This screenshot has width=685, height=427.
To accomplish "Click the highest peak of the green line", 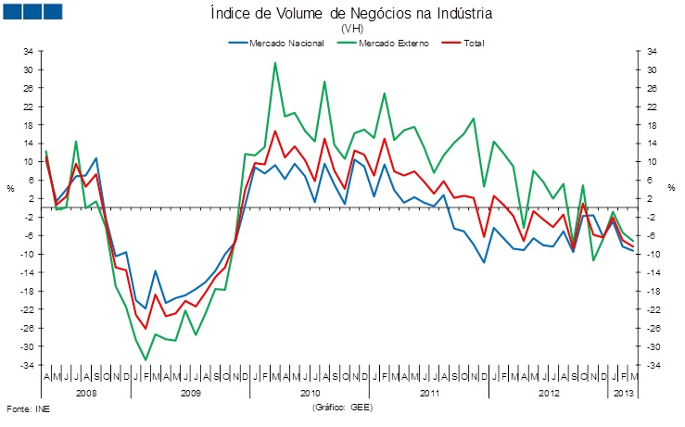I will click(x=275, y=63).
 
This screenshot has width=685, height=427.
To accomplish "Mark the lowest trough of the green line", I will click(x=146, y=360).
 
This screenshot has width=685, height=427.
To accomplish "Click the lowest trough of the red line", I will click(x=146, y=328).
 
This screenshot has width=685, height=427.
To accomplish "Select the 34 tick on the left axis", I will click(x=29, y=51).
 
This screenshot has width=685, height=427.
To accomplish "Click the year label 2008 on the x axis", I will click(x=85, y=393).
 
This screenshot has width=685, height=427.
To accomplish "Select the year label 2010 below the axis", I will click(x=310, y=393).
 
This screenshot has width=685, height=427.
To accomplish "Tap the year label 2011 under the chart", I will click(x=428, y=393).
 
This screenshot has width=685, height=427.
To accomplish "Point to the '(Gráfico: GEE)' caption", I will click(x=342, y=408).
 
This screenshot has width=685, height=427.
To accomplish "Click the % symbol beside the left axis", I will click(x=11, y=189).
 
